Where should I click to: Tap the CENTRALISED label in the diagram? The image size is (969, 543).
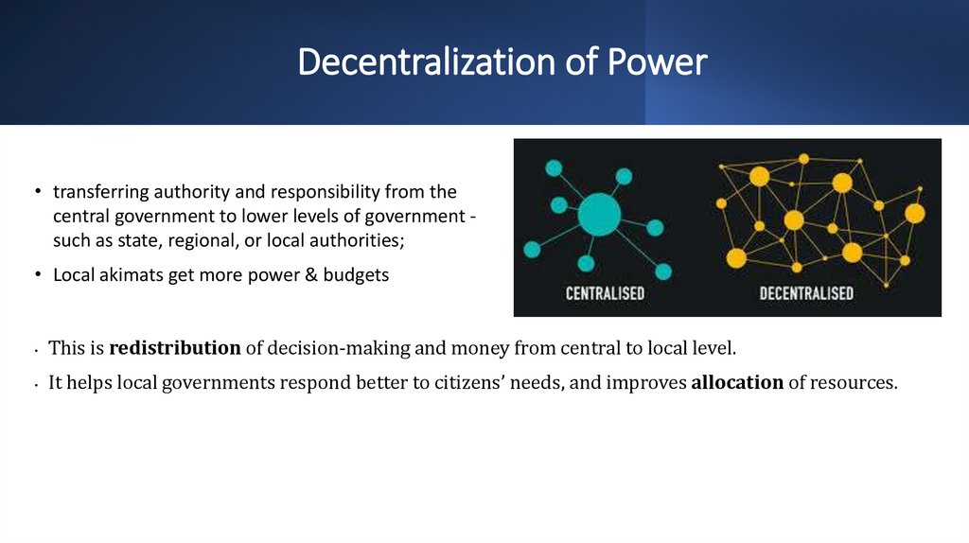click(x=605, y=292)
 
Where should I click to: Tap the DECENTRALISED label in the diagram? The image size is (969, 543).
click(x=806, y=292)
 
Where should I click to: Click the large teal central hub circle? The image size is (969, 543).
click(x=599, y=214)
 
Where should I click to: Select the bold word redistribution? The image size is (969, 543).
click(x=175, y=347)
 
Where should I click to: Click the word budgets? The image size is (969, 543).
click(x=354, y=275)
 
